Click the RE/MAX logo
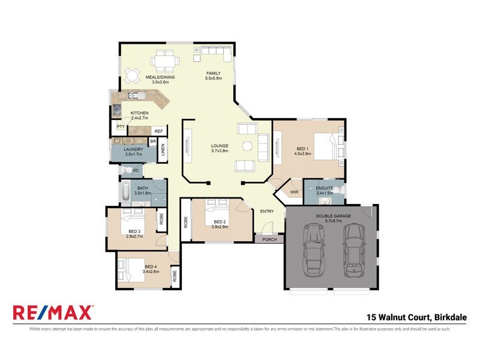click(53, 312)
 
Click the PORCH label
click(269, 239)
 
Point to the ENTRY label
click(267, 211)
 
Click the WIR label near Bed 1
click(294, 192)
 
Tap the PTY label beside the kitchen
click(121, 127)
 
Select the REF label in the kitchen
click(158, 131)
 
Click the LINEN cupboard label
click(163, 151)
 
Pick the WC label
click(136, 170)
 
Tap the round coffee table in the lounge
click(247, 146)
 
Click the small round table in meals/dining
click(131, 75)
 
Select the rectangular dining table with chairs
click(164, 60)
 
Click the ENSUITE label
click(325, 188)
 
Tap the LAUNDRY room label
click(132, 149)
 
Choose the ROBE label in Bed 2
click(186, 222)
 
